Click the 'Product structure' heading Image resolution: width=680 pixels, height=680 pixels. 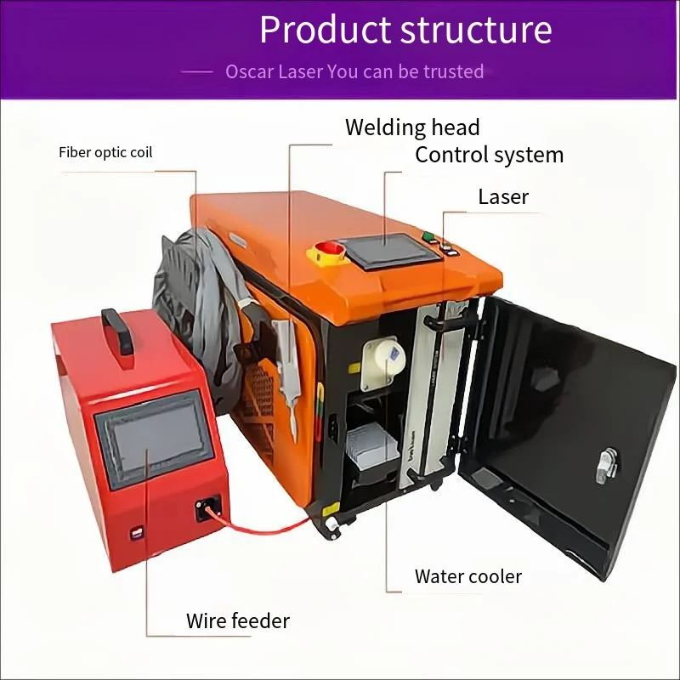[405, 30]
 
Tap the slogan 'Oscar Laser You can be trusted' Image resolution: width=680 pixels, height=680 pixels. [354, 71]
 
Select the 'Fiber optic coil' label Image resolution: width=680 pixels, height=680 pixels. [105, 153]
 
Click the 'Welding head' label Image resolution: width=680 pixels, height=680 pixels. [412, 127]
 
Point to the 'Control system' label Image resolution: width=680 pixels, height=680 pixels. [490, 155]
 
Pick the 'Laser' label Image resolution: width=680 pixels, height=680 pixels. [503, 196]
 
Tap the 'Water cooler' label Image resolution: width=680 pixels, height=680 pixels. [468, 576]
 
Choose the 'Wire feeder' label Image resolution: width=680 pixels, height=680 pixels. [238, 620]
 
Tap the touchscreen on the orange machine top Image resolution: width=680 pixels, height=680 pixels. [395, 250]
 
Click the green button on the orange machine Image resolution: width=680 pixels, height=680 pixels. [429, 236]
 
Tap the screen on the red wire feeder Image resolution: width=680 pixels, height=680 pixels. [155, 438]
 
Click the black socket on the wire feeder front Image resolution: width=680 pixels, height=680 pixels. [208, 507]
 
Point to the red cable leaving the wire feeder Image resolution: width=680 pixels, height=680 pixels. [260, 524]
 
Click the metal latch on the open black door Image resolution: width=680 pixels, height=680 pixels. [607, 466]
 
